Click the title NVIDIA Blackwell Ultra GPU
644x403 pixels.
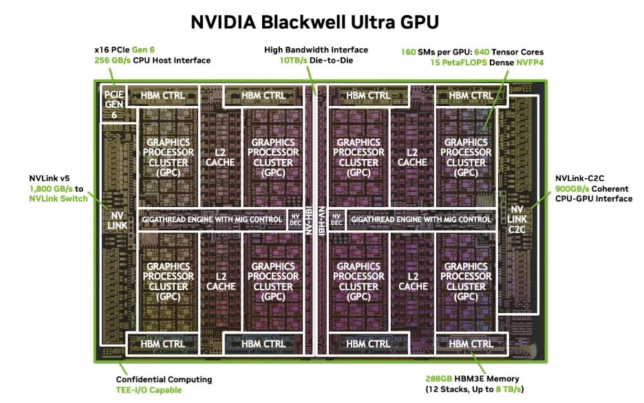point(314,23)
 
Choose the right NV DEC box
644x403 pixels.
point(336,219)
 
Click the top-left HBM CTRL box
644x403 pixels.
point(162,96)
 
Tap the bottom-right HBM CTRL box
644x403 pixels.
point(471,343)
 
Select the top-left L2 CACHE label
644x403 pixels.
point(220,157)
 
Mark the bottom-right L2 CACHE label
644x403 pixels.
point(413,281)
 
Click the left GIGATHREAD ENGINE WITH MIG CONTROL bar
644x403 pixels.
point(213,219)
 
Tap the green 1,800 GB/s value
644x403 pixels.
point(51,188)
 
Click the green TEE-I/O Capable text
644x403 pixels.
point(149,390)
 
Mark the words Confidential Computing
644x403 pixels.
point(164,379)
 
